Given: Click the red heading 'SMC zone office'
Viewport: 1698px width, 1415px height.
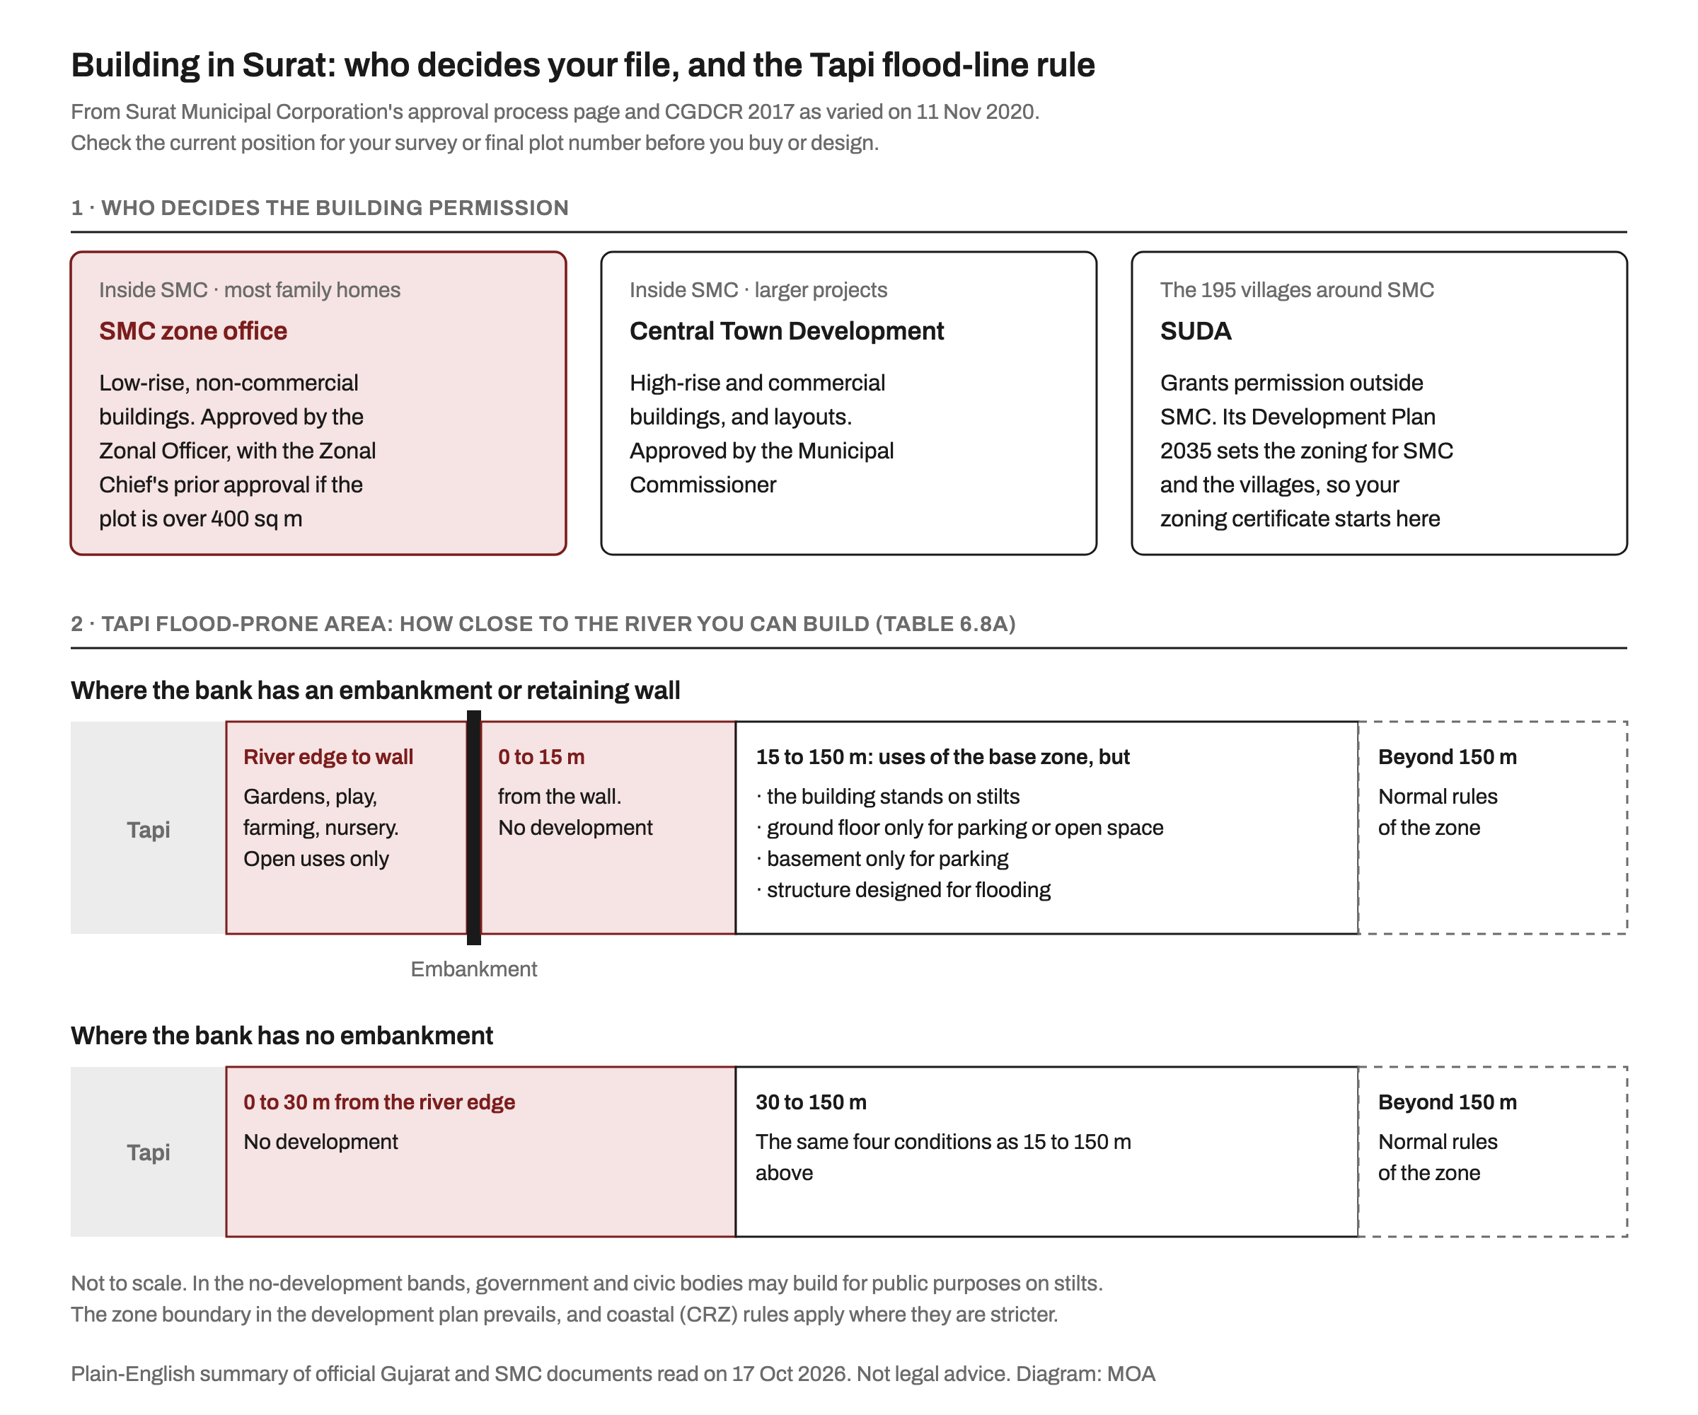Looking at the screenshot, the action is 193,330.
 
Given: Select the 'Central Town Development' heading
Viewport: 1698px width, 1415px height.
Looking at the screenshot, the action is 787,330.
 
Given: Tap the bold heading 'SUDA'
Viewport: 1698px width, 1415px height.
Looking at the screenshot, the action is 1196,330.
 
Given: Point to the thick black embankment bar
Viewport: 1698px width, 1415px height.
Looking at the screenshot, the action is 474,827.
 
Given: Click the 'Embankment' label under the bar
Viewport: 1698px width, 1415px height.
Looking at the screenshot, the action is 474,969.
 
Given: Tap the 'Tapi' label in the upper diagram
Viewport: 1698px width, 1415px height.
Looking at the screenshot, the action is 148,830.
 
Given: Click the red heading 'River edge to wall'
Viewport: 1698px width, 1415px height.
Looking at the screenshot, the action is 328,757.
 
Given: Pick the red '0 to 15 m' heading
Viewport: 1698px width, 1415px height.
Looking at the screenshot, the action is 541,757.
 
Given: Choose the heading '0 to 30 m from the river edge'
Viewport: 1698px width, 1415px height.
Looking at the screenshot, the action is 379,1102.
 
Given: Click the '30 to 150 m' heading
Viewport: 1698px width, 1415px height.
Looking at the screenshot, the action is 811,1102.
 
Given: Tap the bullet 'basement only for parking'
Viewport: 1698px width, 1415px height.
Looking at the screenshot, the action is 882,859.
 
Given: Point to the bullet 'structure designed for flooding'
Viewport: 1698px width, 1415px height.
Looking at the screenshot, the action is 903,889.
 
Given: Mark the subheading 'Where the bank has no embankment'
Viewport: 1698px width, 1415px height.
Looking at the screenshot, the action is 282,1036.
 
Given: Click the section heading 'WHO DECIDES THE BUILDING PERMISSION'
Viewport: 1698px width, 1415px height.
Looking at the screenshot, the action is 335,208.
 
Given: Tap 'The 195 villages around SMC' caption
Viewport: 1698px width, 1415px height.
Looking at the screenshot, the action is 1297,289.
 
